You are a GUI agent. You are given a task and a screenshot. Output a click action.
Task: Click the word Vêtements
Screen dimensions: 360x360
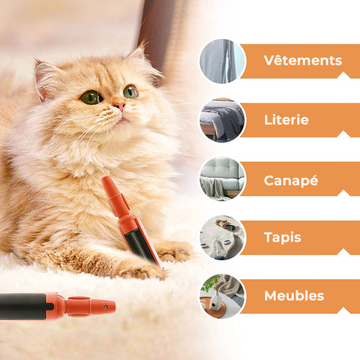303,61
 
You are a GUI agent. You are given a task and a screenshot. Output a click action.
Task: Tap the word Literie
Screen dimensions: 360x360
286,120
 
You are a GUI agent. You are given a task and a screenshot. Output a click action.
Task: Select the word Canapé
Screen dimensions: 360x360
291,181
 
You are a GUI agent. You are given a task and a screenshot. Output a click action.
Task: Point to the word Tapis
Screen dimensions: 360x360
283,238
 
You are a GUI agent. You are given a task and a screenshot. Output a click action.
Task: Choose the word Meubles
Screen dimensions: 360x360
294,295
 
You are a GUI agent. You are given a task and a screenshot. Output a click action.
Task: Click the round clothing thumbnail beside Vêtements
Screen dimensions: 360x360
223,61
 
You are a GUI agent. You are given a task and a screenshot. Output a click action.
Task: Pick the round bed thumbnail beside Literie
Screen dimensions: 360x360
223,120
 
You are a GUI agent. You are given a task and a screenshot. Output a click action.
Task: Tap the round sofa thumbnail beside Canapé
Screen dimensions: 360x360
223,178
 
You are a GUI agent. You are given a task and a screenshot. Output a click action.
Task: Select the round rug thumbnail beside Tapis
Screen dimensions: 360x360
223,238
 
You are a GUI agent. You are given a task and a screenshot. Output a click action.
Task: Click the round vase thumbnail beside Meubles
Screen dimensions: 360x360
223,296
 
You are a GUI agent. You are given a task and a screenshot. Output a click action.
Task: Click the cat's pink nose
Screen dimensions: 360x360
120,105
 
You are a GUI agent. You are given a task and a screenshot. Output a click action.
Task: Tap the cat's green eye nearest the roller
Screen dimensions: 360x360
91,97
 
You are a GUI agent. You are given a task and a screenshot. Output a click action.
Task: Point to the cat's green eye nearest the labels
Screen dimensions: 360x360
130,91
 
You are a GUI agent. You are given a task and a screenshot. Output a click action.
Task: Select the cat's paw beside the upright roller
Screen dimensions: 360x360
174,251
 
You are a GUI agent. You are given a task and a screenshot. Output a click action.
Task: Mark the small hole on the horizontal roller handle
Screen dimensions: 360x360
106,307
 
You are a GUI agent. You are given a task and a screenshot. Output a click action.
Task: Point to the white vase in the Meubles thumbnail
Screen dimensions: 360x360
214,301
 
